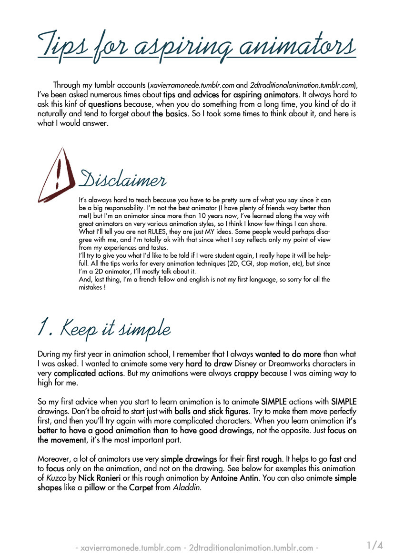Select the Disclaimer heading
click(x=123, y=180)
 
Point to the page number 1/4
click(x=375, y=545)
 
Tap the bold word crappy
click(x=246, y=373)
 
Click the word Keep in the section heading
click(x=76, y=328)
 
